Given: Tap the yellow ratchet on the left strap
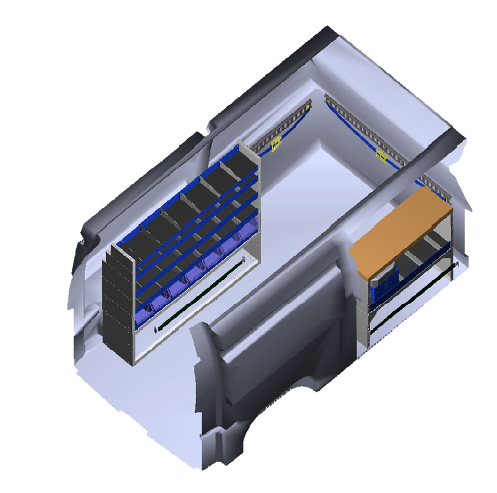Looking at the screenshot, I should click(x=276, y=145).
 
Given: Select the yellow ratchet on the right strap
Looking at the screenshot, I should click(x=382, y=155).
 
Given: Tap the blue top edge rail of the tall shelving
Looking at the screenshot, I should click(x=182, y=193).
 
